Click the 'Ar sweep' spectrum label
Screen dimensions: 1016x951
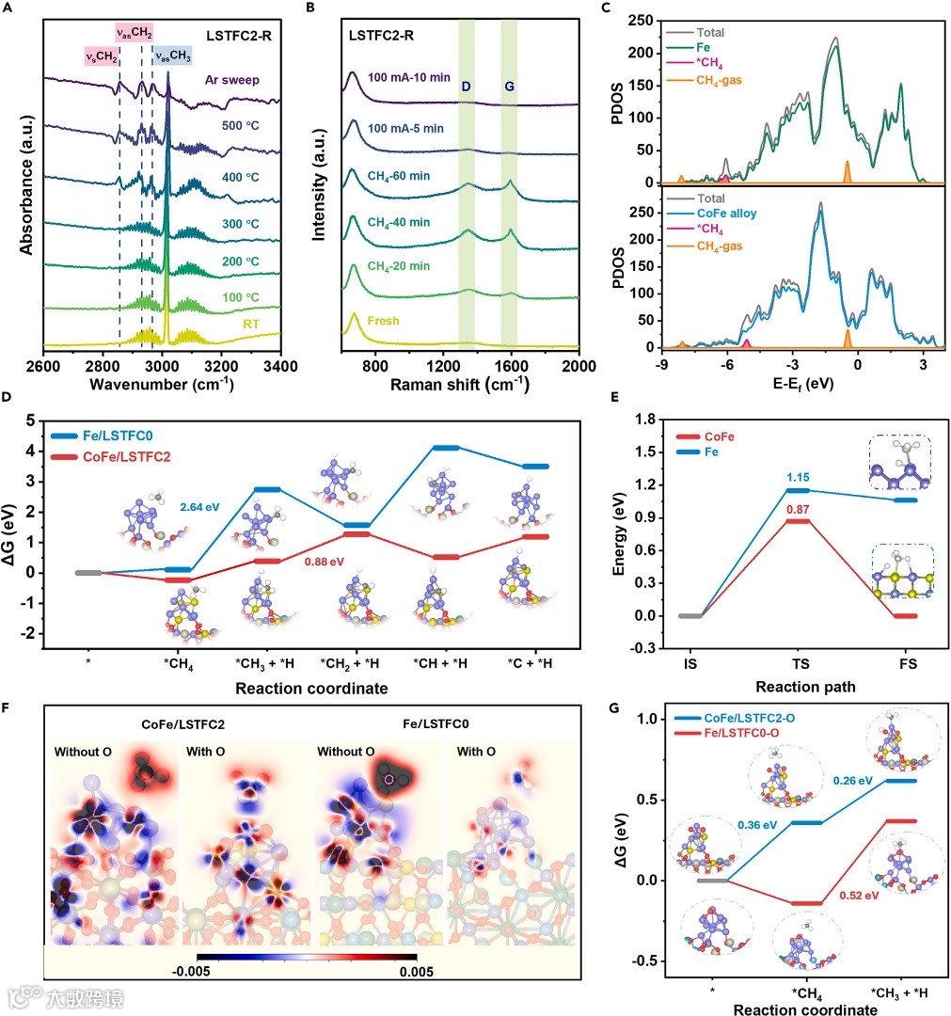[x=232, y=79]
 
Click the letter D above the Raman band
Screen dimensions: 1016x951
[x=466, y=87]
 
